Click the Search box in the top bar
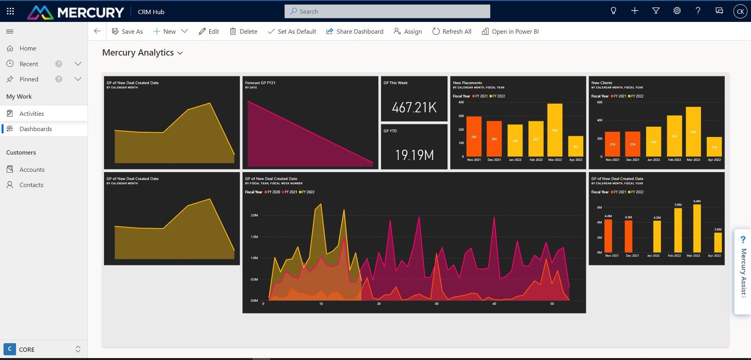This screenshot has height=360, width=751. [387, 11]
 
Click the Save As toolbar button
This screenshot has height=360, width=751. [128, 31]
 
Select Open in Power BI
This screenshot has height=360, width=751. [510, 31]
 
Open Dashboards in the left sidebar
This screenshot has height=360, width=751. [36, 129]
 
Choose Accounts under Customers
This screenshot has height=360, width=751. [32, 169]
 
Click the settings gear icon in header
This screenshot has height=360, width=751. [677, 11]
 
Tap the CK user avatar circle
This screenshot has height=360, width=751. [740, 11]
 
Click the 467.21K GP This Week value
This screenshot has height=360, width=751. [414, 108]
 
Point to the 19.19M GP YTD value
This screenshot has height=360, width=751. [414, 155]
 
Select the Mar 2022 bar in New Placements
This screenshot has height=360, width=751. [555, 130]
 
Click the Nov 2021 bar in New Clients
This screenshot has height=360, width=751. [612, 144]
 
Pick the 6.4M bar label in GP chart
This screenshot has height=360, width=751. [697, 201]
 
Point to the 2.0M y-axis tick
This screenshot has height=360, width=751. [254, 215]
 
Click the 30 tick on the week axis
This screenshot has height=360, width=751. [437, 304]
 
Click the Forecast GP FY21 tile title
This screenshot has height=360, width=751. [260, 83]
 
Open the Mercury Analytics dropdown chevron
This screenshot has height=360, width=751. [180, 53]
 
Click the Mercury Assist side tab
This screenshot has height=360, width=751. [743, 272]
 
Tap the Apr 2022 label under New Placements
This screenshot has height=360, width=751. [575, 160]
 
